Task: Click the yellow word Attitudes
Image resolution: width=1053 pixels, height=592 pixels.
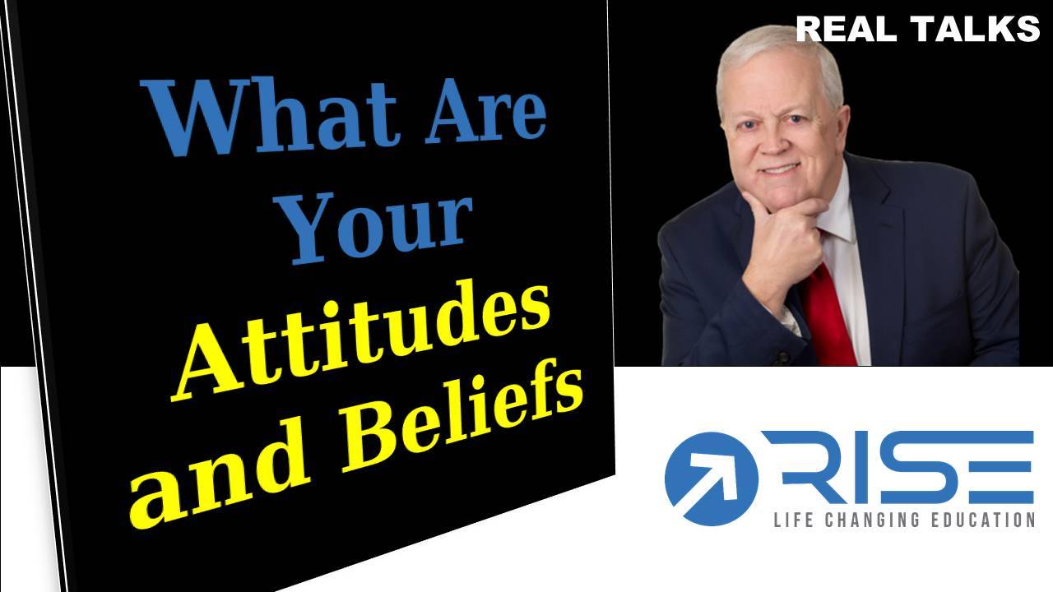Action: click(x=360, y=340)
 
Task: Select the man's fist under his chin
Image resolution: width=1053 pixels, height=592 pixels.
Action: click(x=782, y=244)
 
